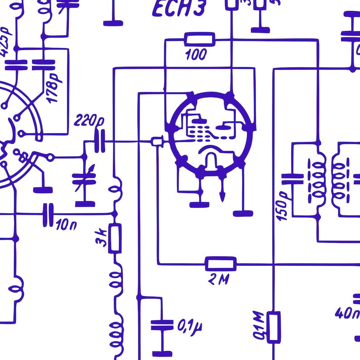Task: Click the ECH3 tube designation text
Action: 179,9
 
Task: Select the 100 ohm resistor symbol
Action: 199,39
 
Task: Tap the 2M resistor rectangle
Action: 221,263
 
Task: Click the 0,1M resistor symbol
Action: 273,326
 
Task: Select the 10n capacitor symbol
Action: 48,214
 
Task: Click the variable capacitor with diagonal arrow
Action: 85,179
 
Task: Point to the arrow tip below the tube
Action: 222,198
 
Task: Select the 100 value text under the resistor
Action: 196,55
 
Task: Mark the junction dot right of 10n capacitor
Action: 115,214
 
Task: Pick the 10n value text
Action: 66,224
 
